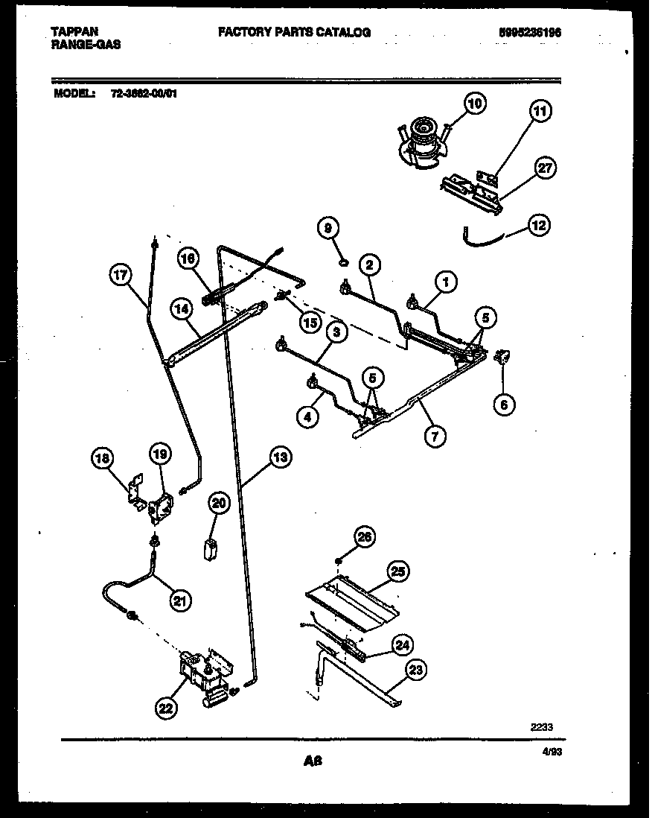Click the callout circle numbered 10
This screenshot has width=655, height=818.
click(x=475, y=104)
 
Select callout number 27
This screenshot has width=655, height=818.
click(x=546, y=168)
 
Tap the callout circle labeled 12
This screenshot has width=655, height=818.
click(x=539, y=223)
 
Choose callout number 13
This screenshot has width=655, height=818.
click(x=280, y=457)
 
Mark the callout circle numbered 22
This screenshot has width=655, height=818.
click(x=166, y=709)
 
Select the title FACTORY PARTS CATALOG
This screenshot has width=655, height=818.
click(x=294, y=32)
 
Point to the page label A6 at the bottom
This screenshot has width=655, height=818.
click(x=313, y=761)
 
